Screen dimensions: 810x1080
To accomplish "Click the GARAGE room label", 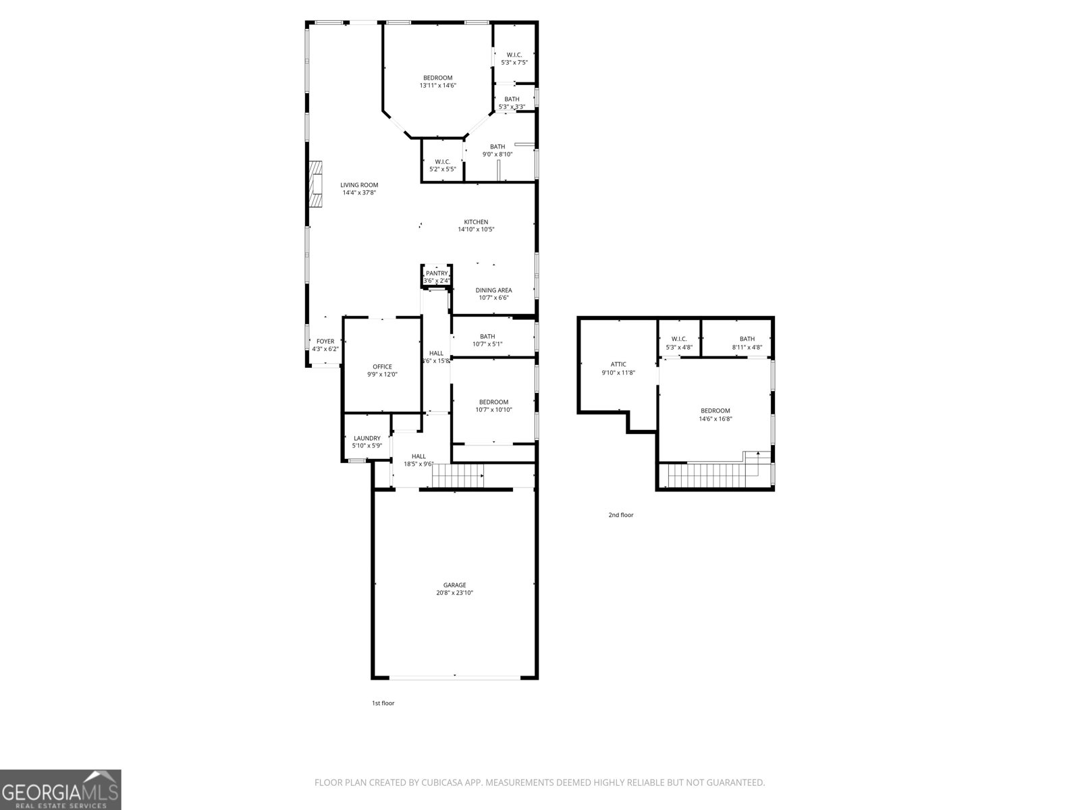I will pyautogui.click(x=454, y=585).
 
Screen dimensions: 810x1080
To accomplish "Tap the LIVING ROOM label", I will pyautogui.click(x=358, y=185).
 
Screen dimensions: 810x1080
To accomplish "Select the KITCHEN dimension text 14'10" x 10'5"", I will pyautogui.click(x=476, y=230).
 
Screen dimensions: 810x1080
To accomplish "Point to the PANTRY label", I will pyautogui.click(x=437, y=273).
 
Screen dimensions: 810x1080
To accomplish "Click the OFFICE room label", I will pyautogui.click(x=382, y=367).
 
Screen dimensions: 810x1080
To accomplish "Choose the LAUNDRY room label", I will pyautogui.click(x=367, y=438).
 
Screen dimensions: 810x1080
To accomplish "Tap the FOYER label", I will pyautogui.click(x=325, y=342).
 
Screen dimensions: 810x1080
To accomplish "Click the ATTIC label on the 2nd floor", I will pyautogui.click(x=618, y=364).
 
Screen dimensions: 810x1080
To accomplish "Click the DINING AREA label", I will pyautogui.click(x=493, y=290).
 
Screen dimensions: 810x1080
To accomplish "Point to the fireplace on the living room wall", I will pyautogui.click(x=315, y=186).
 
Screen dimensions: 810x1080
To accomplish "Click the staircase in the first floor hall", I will pyautogui.click(x=458, y=476).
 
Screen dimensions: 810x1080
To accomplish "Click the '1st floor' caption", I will pyautogui.click(x=383, y=703).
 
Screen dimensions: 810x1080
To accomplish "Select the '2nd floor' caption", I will pyautogui.click(x=620, y=515).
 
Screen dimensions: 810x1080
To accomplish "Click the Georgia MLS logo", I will pyautogui.click(x=60, y=789).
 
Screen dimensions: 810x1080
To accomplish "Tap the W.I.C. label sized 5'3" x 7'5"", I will pyautogui.click(x=514, y=55).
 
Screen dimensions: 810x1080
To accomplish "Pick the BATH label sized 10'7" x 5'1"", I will pyautogui.click(x=487, y=337).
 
